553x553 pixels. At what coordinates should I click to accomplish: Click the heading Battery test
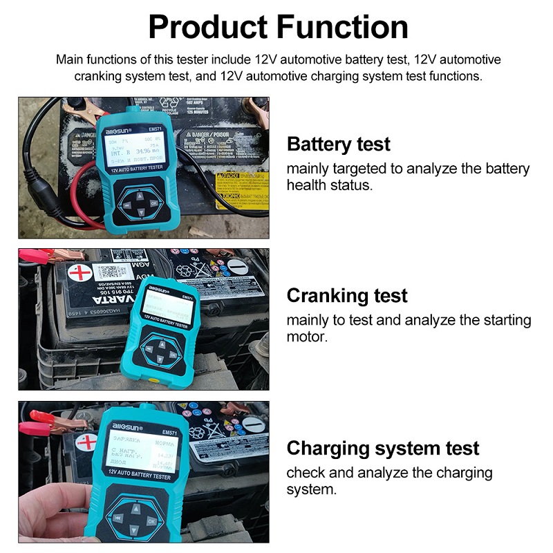pyautogui.click(x=338, y=144)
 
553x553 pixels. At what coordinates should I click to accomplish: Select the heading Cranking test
pyautogui.click(x=346, y=296)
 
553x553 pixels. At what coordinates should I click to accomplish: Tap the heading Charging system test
pyautogui.click(x=382, y=448)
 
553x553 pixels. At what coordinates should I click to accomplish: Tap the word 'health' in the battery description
pyautogui.click(x=309, y=185)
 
